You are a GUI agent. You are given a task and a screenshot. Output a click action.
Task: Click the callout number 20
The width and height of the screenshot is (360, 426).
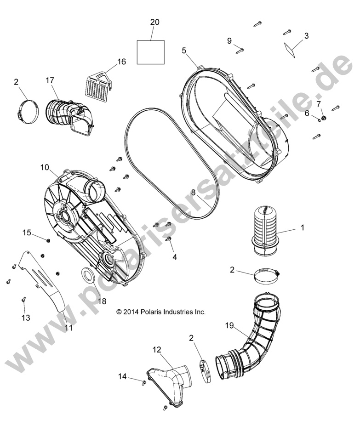(154, 22)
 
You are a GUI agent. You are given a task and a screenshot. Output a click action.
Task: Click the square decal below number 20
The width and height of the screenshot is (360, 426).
(151, 51)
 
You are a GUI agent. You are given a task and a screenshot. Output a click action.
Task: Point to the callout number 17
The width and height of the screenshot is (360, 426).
(50, 80)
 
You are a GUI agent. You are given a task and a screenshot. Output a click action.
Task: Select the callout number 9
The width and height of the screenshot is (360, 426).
(229, 41)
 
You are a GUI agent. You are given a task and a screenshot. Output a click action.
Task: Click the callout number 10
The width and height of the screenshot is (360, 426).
(45, 167)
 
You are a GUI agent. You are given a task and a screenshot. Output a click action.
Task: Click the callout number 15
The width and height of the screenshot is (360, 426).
(27, 233)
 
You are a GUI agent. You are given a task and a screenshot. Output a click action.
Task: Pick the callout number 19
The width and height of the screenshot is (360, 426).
(230, 326)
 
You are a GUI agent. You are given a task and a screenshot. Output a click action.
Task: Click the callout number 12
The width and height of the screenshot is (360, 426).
(157, 350)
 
